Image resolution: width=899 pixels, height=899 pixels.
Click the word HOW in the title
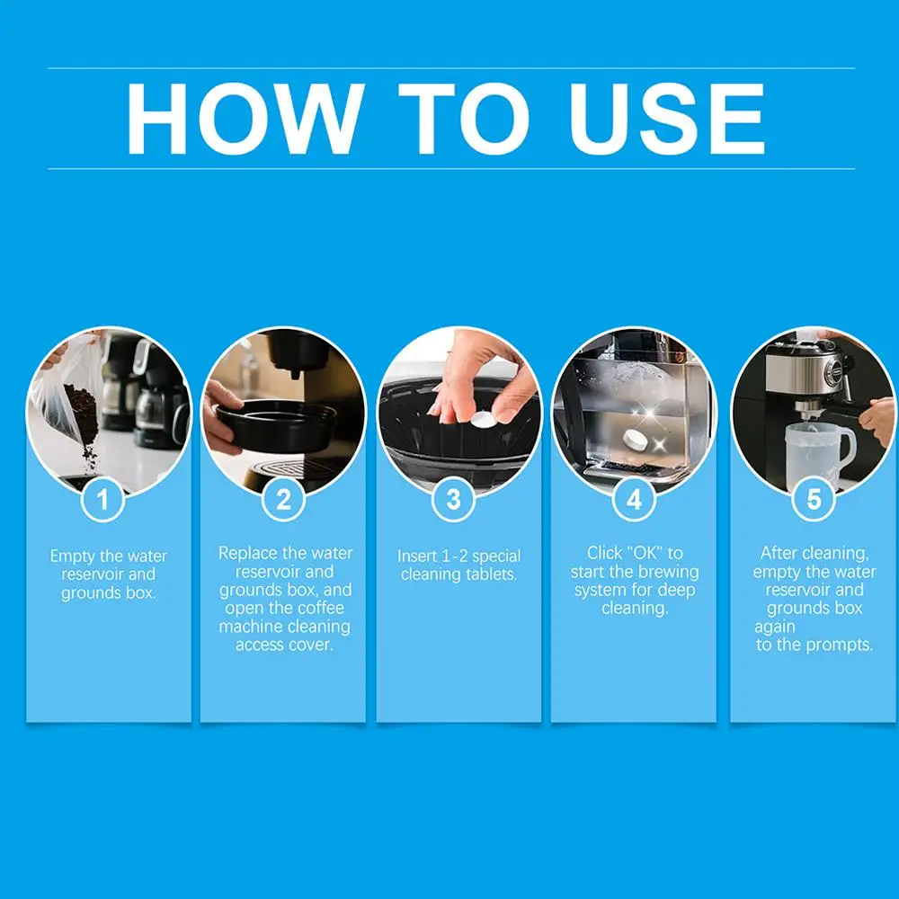click(x=245, y=119)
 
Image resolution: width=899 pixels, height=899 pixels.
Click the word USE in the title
click(x=667, y=119)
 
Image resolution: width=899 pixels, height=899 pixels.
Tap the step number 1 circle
click(x=103, y=499)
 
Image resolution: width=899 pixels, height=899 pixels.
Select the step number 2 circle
click(x=283, y=499)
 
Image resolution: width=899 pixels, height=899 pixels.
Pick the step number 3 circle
click(x=453, y=499)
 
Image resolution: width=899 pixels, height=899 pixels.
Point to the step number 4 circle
click(x=634, y=499)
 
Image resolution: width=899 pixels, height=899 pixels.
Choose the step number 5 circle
click(x=814, y=499)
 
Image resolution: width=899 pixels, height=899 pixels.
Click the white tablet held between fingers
click(x=483, y=419)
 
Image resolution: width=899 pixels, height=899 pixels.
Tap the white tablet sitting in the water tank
click(x=637, y=441)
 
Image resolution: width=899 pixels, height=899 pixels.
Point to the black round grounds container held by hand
click(x=275, y=424)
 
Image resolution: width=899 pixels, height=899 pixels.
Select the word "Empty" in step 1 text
click(x=72, y=556)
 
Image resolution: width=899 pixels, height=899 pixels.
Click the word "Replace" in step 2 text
click(x=248, y=554)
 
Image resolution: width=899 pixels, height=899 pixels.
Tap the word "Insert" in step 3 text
click(x=417, y=556)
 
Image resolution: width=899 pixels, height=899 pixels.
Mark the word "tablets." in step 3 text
click(x=488, y=574)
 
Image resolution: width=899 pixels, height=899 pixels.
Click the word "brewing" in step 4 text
click(x=669, y=573)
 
